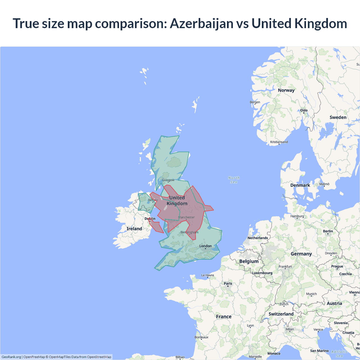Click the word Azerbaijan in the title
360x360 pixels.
point(202,24)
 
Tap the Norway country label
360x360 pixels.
point(286,90)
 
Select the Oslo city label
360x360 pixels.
point(304,110)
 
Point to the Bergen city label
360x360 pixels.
point(255,102)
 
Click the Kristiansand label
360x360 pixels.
point(279,142)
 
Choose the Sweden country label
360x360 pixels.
point(338,117)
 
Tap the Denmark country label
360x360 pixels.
point(300,185)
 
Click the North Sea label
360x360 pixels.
point(234,180)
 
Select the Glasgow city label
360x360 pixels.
point(168,180)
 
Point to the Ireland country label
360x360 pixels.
point(134,229)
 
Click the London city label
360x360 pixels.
point(205,246)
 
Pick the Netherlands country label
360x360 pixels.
point(258,238)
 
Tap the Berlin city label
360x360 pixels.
point(328,231)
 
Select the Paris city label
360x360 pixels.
point(228,283)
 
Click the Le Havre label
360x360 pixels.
point(208,275)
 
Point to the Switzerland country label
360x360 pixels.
point(281,314)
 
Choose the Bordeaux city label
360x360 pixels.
point(201,337)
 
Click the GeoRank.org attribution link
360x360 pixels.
point(11,357)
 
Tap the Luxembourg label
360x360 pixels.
point(262,273)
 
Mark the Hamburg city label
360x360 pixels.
point(297,216)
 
